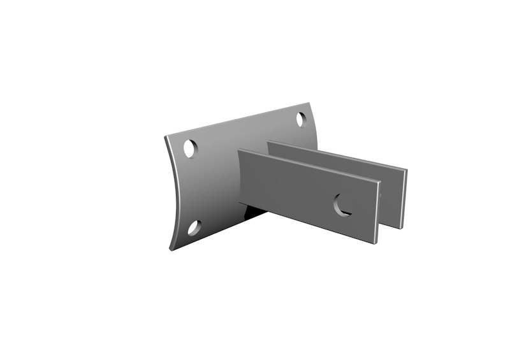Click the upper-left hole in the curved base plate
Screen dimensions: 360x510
[190, 148]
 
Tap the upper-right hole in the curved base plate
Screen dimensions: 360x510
[302, 119]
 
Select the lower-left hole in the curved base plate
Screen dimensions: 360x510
[194, 227]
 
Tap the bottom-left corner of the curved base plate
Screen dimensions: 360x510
[170, 249]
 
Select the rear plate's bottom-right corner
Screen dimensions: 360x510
[401, 228]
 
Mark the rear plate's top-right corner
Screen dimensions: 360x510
[406, 169]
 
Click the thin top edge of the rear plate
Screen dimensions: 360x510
[338, 154]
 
